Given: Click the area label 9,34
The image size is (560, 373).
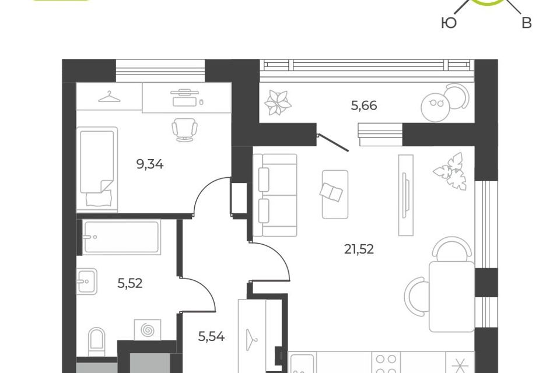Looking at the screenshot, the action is click(x=150, y=164).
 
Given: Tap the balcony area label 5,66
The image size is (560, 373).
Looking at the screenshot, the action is click(x=364, y=105).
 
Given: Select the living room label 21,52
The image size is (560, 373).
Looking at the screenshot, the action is click(x=359, y=249).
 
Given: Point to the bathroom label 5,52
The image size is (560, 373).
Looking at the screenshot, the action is click(x=130, y=283).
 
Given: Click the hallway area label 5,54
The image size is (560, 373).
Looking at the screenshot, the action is click(x=211, y=336).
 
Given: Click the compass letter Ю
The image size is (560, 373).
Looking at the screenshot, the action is click(x=449, y=23).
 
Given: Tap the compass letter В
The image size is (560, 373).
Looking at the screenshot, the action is click(x=527, y=23).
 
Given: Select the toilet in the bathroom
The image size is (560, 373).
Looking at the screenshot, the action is click(x=97, y=342).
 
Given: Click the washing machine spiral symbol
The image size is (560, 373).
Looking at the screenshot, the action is click(x=147, y=330).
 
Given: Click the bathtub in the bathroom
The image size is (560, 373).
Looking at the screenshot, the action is click(x=121, y=237).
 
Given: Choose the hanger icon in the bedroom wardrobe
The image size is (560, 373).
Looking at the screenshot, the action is click(x=109, y=96).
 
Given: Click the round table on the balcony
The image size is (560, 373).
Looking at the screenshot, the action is click(x=435, y=106).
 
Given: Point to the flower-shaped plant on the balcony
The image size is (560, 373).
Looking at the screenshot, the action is click(x=278, y=103).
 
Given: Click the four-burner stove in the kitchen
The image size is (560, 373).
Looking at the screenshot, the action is click(x=386, y=363).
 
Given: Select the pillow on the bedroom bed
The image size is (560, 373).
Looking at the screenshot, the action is click(x=100, y=198).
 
